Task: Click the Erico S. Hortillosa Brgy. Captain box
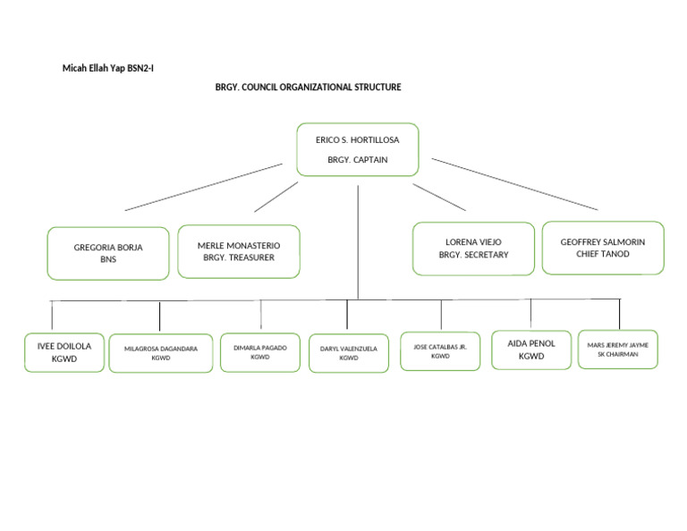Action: (357, 149)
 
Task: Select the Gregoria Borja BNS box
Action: (108, 254)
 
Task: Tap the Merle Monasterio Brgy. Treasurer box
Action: (239, 251)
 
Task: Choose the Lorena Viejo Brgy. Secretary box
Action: (473, 249)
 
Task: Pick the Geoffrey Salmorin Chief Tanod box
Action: (603, 248)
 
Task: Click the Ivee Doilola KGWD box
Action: (64, 352)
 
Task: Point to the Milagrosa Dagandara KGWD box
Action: (161, 353)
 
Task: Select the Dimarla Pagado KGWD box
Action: (260, 352)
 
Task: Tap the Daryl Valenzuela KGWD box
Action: (349, 353)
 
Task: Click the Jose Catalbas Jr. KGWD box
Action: (440, 351)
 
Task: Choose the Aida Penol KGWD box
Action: (531, 350)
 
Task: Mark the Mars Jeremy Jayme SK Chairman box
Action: (618, 349)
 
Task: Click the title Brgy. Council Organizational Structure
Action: (308, 88)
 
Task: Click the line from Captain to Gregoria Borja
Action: (204, 187)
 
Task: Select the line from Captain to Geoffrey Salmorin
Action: (514, 184)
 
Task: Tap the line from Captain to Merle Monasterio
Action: (276, 197)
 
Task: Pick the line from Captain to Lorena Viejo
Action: (439, 198)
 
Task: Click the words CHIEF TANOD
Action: (603, 254)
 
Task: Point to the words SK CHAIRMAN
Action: (618, 354)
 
